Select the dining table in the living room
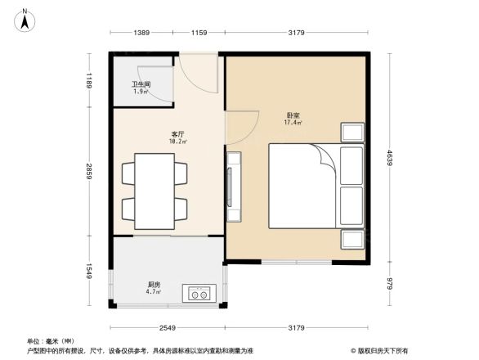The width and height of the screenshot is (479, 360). (154, 191)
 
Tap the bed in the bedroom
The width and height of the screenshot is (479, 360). (315, 186)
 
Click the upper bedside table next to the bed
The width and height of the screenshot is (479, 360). (353, 133)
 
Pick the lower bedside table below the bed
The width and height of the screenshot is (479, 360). (353, 238)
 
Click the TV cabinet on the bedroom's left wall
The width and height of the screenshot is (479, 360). (234, 187)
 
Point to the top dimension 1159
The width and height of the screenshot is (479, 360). (199, 33)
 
